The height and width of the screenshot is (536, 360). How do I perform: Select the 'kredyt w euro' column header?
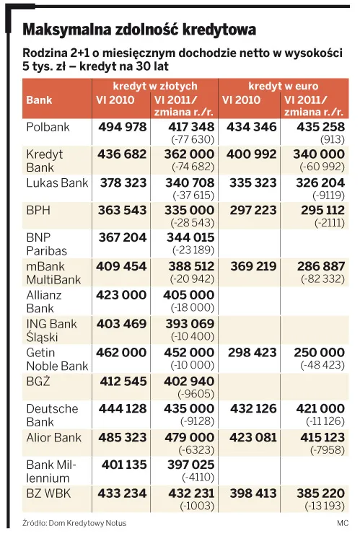coord(283,86)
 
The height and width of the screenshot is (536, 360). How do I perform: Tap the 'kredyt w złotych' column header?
coord(155,86)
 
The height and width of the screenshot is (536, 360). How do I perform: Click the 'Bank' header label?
coord(39,100)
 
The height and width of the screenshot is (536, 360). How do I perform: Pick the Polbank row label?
coord(48,127)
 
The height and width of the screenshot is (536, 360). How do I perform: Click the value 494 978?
coord(123,127)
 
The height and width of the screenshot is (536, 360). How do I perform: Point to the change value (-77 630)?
coord(193,139)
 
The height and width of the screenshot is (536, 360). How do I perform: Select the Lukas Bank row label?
coord(57,183)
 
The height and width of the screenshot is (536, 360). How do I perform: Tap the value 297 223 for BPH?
coord(253,210)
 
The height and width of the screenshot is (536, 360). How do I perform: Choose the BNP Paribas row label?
coord(46,244)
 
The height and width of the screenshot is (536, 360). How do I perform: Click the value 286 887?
coord(321,266)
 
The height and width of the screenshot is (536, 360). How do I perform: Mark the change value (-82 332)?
coord(322,279)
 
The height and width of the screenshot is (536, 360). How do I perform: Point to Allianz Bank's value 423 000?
coord(121,295)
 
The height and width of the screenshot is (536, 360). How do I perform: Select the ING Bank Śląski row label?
coord(52,330)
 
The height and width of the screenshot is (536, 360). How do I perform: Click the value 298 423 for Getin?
coord(253,353)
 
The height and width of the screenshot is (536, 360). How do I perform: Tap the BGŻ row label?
coord(38,381)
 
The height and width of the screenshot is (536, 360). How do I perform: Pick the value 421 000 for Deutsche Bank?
coord(320,408)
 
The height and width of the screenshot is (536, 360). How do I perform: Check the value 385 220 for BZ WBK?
coord(321,493)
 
